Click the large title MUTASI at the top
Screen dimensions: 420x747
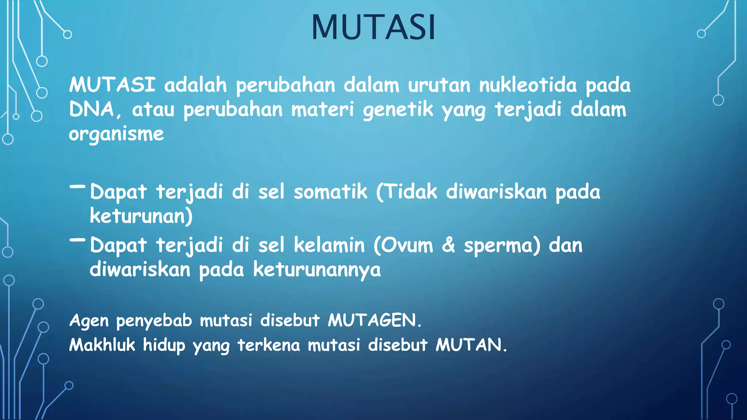coord(373,27)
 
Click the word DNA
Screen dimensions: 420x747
coord(92,109)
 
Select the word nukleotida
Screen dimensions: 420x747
coord(528,85)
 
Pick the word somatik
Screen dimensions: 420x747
coord(330,192)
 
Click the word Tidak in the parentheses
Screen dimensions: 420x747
coord(411,192)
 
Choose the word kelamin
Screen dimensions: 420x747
coord(329,245)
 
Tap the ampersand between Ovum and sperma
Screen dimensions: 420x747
coord(448,245)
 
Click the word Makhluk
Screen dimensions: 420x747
coord(102,345)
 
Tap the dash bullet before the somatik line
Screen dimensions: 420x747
coord(77,187)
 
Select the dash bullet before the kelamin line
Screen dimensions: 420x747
coord(77,240)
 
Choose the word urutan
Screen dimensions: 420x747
coord(439,85)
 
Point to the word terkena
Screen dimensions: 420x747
coord(268,345)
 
